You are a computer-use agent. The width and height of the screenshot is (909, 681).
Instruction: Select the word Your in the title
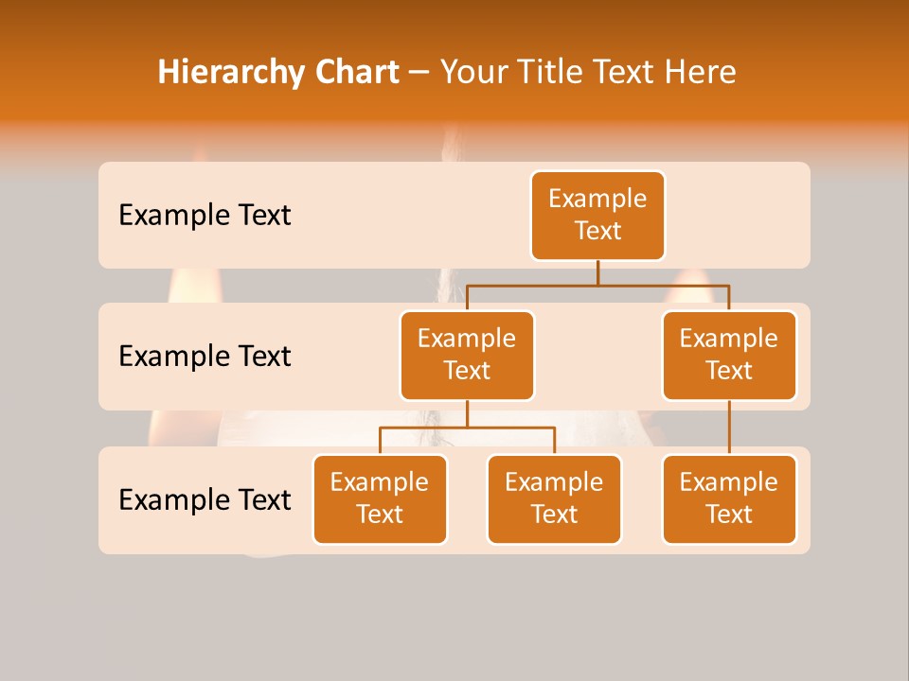[474, 72]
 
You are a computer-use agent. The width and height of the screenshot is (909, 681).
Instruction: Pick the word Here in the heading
[700, 72]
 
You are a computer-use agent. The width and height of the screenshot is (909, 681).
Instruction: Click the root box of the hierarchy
[597, 215]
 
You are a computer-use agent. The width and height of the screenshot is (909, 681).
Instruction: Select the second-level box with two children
[467, 355]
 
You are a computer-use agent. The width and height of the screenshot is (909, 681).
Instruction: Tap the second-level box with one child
[729, 355]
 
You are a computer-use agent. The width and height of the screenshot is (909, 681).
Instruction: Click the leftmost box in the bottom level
[380, 498]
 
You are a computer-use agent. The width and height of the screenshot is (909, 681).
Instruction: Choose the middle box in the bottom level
[554, 498]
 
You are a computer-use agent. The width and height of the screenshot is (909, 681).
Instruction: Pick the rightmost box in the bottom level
[729, 498]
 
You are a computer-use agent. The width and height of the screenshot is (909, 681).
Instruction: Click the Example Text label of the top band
[205, 215]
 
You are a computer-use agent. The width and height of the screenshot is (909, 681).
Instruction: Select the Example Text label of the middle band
[205, 356]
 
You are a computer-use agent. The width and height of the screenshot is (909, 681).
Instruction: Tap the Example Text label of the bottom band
[205, 499]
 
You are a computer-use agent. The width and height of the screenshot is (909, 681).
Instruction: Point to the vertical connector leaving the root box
[597, 272]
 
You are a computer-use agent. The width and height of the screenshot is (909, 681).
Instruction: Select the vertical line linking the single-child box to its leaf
[729, 428]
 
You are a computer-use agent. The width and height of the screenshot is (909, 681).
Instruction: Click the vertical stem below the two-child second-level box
[467, 413]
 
